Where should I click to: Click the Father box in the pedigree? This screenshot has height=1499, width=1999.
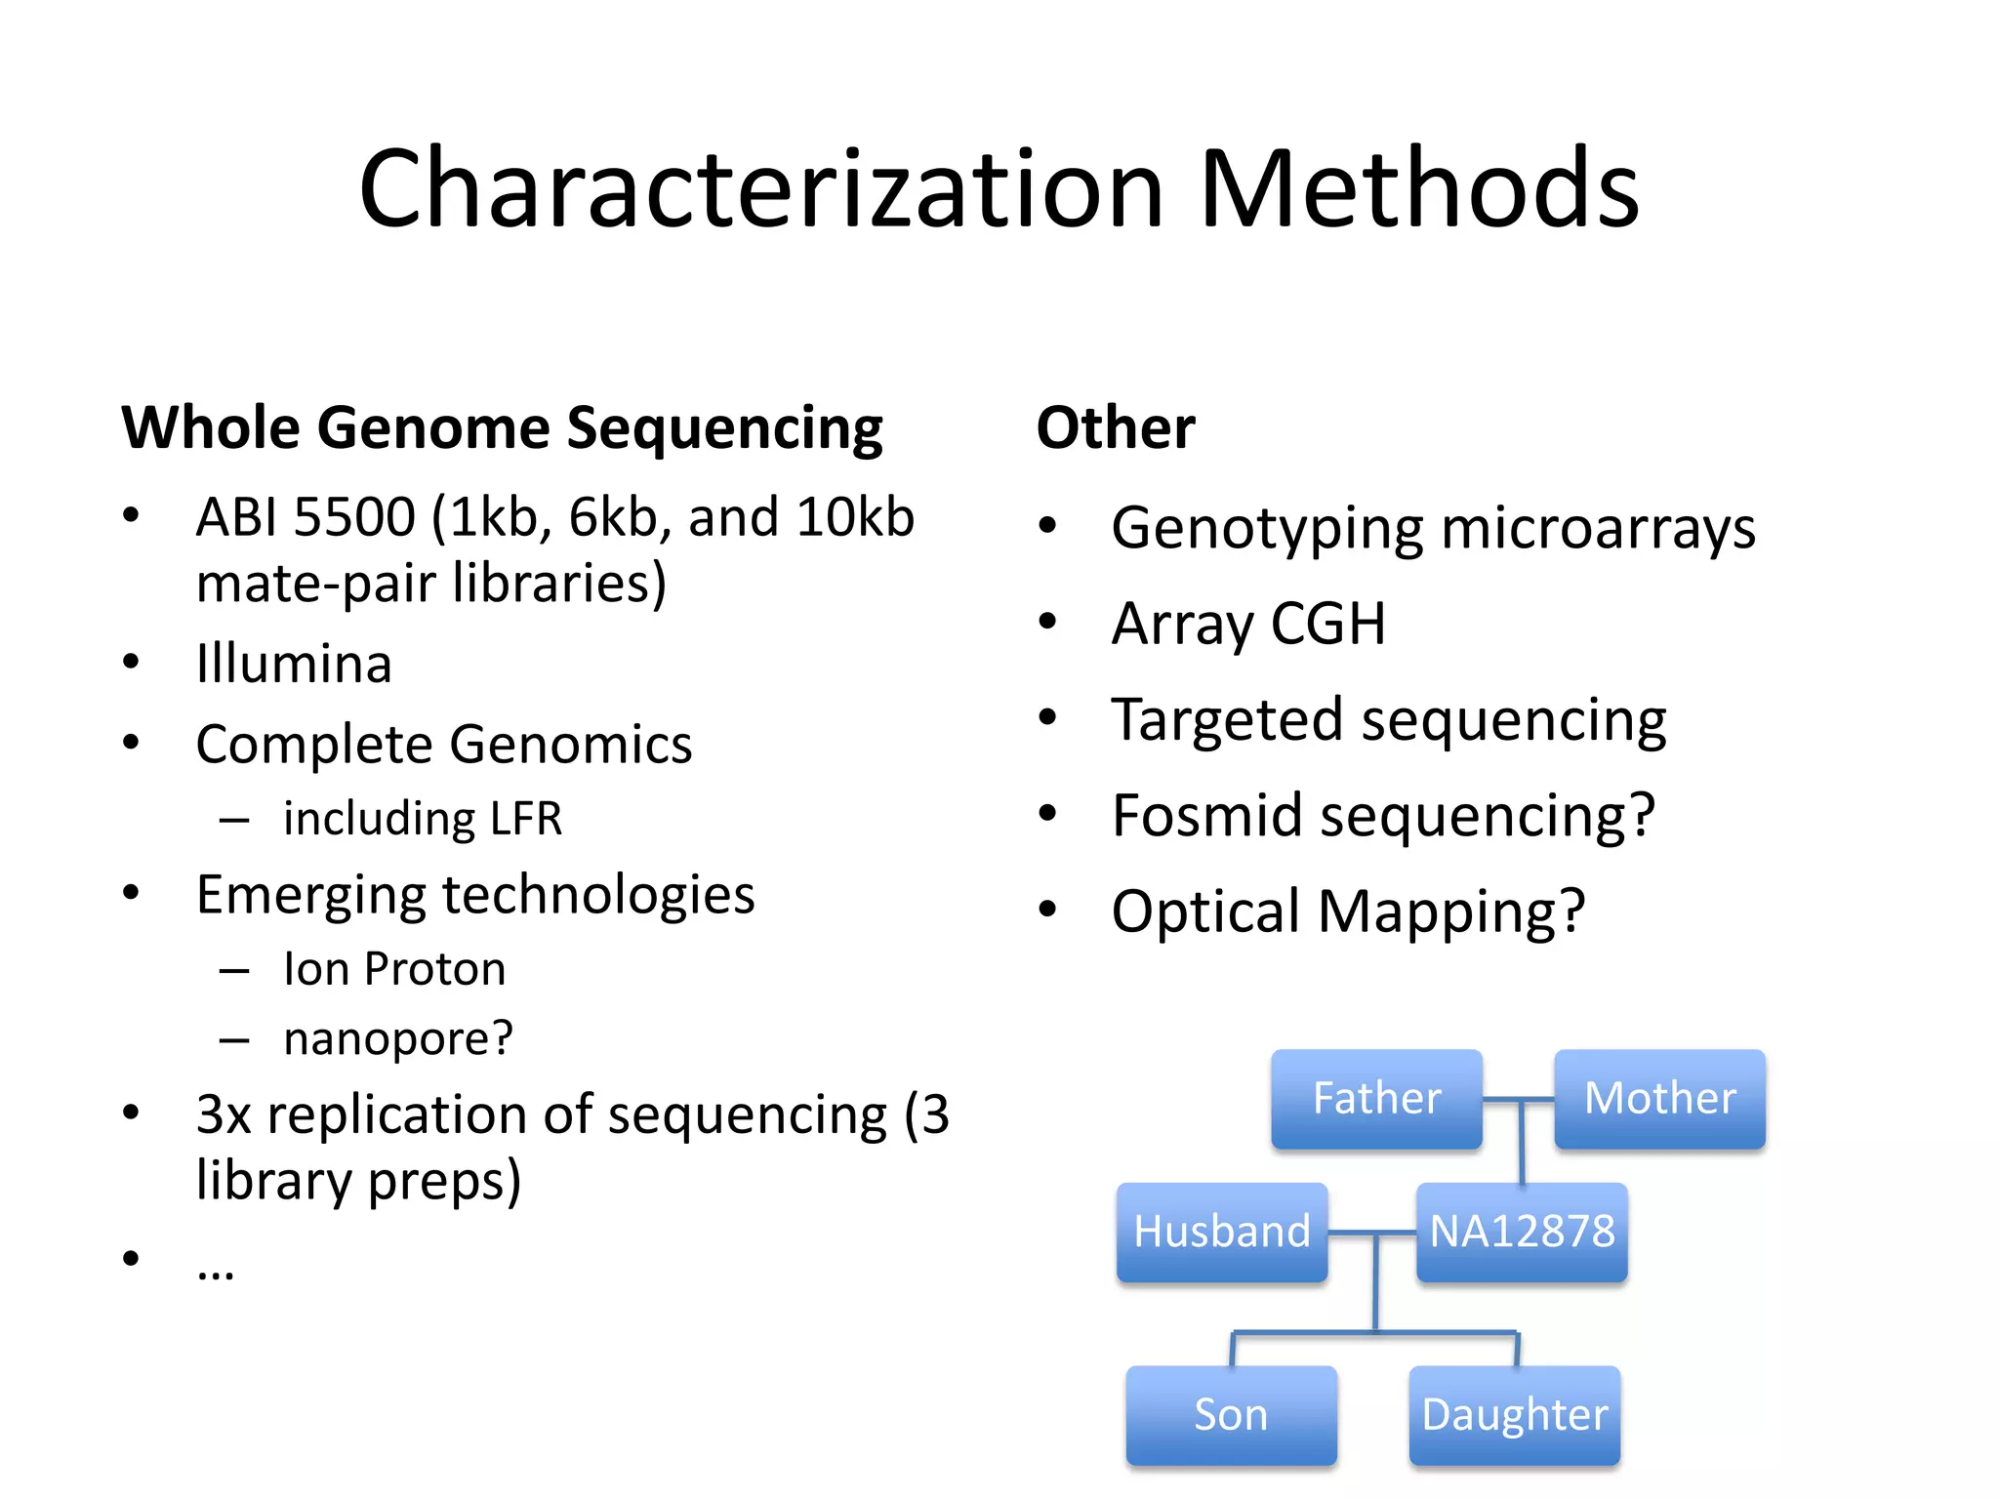coord(1376,1099)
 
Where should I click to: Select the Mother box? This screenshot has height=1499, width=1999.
coord(1659,1099)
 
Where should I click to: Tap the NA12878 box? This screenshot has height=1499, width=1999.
coord(1522,1232)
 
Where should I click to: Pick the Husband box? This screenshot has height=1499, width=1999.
coord(1222,1232)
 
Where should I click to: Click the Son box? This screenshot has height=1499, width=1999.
coord(1231,1415)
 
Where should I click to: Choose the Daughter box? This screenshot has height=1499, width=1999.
coord(1515,1415)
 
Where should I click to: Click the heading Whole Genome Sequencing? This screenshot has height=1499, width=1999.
coord(502,428)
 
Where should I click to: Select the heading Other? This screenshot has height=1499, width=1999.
coord(1116,428)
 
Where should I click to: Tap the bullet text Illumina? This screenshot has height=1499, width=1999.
coord(294,665)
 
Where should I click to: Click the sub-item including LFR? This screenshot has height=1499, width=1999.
coord(423,819)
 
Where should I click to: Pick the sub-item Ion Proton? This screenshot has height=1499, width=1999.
coord(394,969)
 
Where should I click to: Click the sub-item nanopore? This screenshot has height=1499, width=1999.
coord(397,1038)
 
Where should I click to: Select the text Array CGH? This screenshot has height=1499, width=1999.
coord(1248,625)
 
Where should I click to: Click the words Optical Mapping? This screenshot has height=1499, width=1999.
coord(1348,912)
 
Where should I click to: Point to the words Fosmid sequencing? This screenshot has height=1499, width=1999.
coord(1383,816)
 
